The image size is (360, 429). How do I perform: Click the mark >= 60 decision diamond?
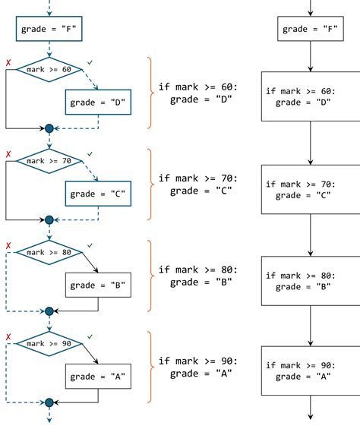click(49, 69)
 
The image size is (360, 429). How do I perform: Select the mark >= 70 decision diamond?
click(49, 161)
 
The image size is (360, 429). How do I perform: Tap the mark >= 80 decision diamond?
click(49, 252)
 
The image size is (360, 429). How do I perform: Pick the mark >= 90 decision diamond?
click(49, 343)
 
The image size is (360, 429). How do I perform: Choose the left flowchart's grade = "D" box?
click(98, 101)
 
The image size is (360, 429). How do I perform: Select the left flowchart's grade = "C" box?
click(98, 193)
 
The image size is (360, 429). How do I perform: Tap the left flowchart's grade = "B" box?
click(98, 285)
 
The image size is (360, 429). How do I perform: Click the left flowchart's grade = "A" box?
click(98, 376)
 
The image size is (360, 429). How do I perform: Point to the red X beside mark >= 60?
click(8, 62)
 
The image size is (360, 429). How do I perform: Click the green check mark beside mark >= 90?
click(90, 336)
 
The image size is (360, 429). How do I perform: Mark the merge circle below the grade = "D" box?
click(49, 128)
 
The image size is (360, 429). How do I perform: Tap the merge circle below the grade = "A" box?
click(49, 402)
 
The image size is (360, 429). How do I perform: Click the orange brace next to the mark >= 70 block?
click(150, 184)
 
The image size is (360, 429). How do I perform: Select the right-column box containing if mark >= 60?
click(311, 96)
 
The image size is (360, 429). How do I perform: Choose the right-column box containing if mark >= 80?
click(311, 281)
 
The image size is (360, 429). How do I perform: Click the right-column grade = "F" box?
click(311, 30)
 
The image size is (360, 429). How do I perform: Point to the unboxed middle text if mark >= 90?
click(197, 361)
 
